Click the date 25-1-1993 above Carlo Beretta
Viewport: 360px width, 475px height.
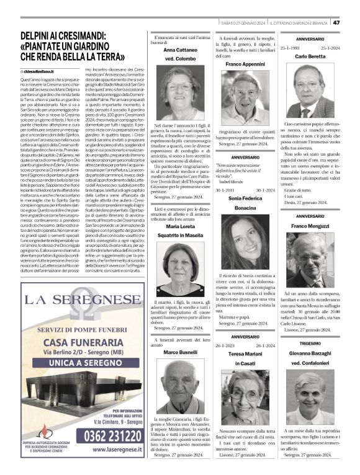click(x=292, y=47)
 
